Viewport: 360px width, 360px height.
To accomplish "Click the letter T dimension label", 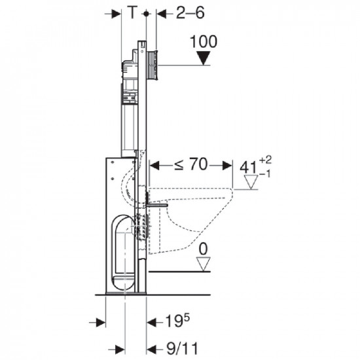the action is [x=132, y=12].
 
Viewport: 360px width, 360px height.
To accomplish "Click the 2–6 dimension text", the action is [x=190, y=12].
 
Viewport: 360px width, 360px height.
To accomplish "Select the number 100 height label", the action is [x=204, y=41].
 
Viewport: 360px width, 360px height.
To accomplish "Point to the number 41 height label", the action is [x=248, y=168].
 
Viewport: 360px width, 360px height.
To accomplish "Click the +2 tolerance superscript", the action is [x=265, y=160].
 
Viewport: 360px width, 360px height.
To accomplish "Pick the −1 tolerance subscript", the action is [x=264, y=174].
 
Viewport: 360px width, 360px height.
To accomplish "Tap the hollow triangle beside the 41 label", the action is [x=251, y=182].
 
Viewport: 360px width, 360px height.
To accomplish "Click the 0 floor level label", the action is [x=203, y=249].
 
